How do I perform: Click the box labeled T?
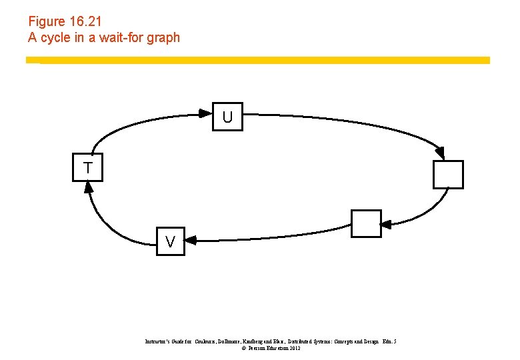tap(88, 167)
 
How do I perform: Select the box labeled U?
tap(227, 117)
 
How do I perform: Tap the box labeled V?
tap(171, 241)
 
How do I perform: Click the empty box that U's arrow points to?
tap(447, 175)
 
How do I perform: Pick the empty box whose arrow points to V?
tap(366, 223)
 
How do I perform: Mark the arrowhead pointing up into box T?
tap(88, 187)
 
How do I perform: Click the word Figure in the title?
tap(46, 21)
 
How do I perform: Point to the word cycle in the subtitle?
tap(56, 37)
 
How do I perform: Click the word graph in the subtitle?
tap(164, 37)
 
